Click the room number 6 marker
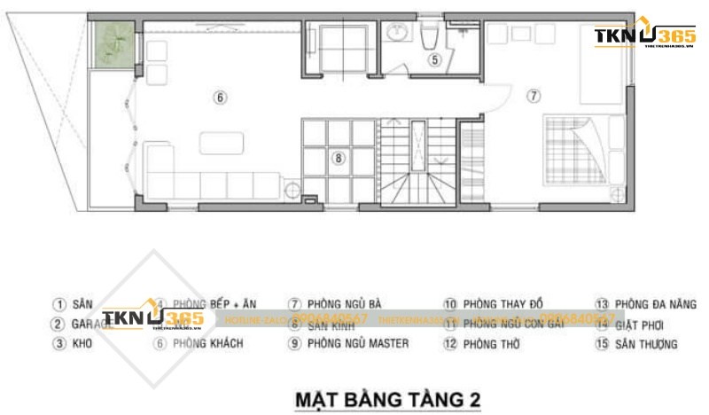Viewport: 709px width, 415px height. point(221,97)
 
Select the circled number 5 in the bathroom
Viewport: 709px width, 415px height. point(434,60)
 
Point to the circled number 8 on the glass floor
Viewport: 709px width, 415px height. point(338,159)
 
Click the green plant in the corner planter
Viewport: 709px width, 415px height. point(113,40)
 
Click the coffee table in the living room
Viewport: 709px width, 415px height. point(219,142)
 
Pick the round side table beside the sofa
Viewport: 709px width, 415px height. point(291,187)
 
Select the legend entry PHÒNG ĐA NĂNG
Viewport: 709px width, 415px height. point(645,304)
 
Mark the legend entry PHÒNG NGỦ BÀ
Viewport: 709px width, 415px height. point(340,304)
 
